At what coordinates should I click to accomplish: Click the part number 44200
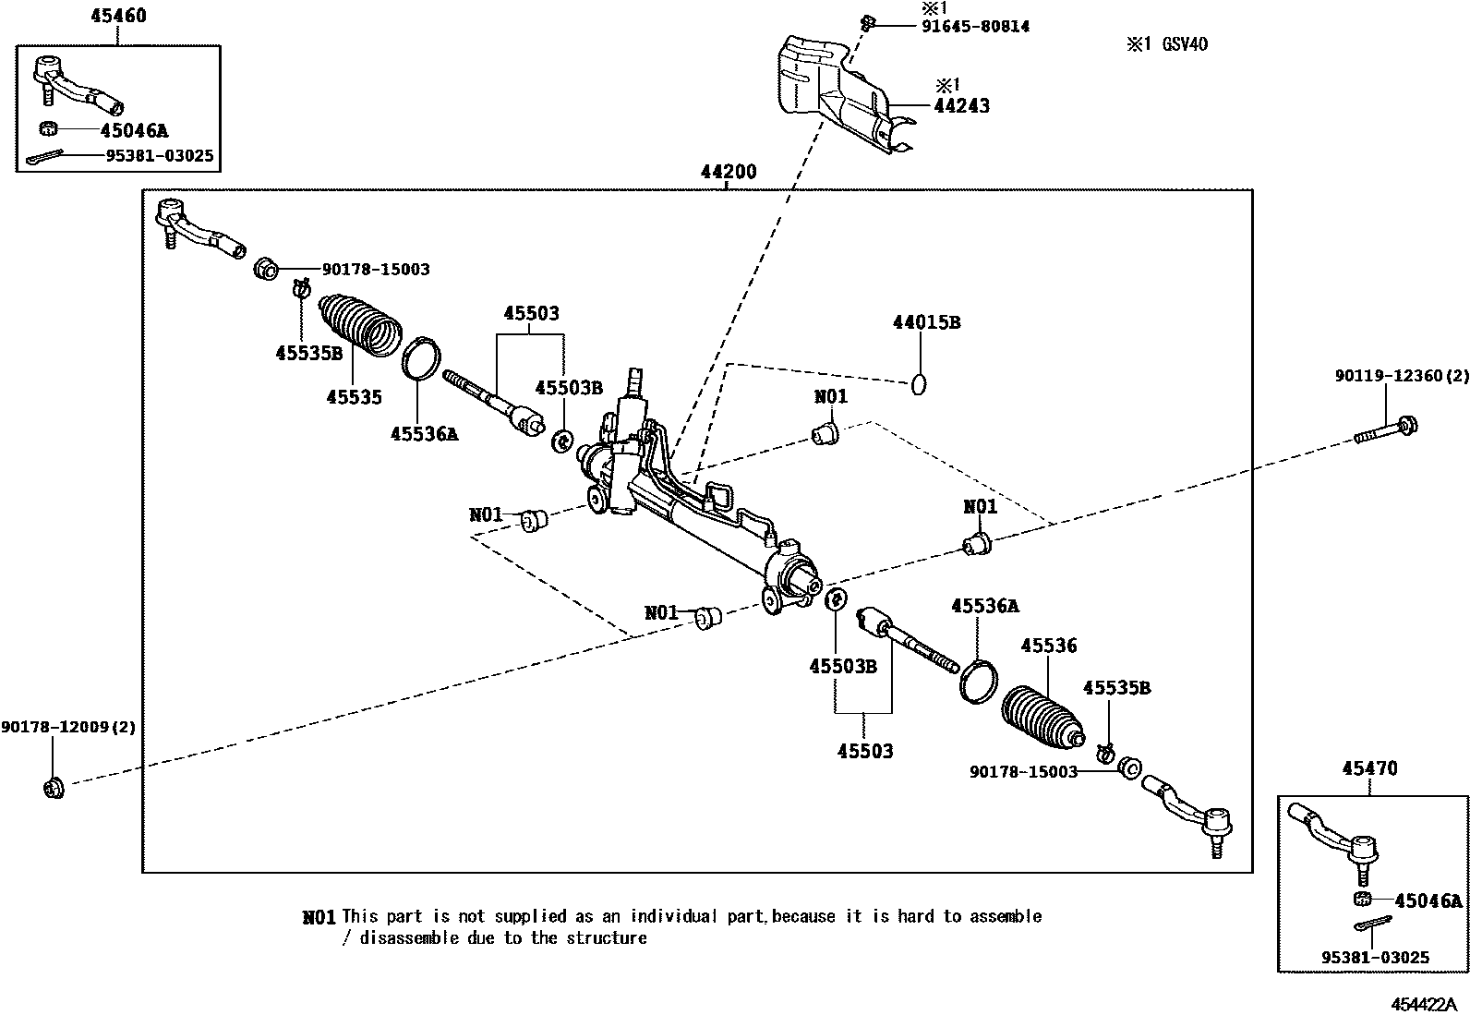coord(728,173)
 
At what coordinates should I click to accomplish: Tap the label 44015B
coord(926,322)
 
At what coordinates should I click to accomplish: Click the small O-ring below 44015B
coord(919,383)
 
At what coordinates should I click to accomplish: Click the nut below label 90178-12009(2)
coord(53,788)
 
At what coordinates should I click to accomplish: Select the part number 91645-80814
coord(975,27)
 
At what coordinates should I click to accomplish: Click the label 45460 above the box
coord(118,16)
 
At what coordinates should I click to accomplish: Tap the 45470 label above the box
coord(1369,768)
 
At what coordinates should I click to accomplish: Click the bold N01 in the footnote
coord(319,917)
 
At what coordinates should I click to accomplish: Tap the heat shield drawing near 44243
coord(836,92)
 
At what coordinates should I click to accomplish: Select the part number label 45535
coord(354,397)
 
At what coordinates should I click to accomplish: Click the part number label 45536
coord(1048,646)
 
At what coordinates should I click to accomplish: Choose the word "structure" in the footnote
coord(607,938)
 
